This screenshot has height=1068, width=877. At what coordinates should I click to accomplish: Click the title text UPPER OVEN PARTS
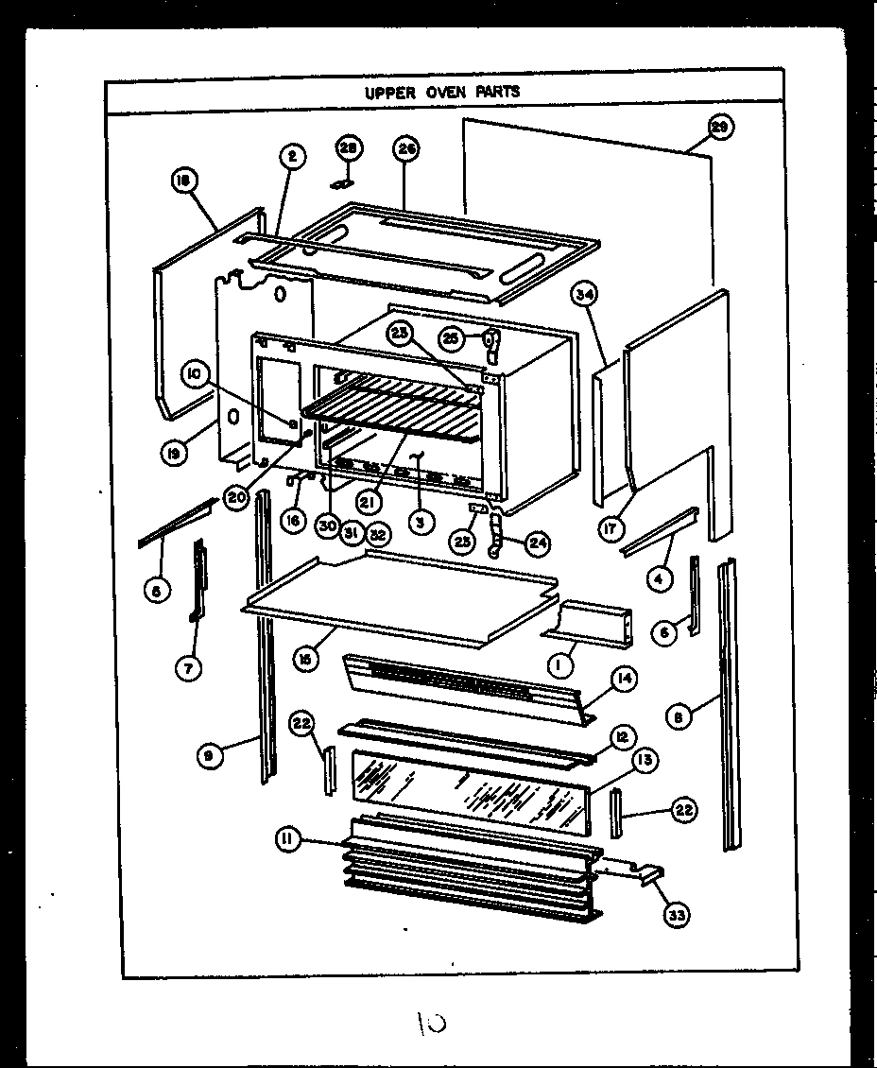point(442,93)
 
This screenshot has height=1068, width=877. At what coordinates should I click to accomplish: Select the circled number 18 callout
point(183,181)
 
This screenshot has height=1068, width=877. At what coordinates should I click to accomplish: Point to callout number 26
point(407,148)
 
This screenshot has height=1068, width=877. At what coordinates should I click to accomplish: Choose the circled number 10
point(198,375)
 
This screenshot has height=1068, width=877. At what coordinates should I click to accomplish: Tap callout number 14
point(625,679)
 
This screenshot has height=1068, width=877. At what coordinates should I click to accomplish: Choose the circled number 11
point(289,838)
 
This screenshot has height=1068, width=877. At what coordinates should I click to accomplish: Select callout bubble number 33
point(677,914)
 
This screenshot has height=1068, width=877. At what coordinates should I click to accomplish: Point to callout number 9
point(212,754)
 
